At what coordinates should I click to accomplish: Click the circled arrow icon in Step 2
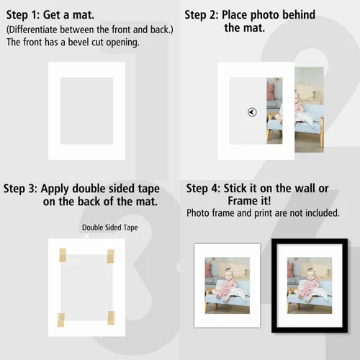(x=252, y=112)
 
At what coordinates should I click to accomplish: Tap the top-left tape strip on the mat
(x=63, y=255)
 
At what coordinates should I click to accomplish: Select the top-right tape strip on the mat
(x=111, y=256)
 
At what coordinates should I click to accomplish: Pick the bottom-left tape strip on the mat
(x=61, y=320)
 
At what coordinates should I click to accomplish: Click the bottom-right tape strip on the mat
(x=111, y=318)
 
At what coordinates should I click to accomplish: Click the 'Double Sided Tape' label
(x=110, y=228)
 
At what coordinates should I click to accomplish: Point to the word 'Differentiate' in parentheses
(x=33, y=30)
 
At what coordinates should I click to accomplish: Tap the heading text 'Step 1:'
(x=23, y=15)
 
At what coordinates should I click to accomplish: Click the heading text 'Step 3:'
(x=20, y=189)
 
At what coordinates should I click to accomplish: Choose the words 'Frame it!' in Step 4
(x=249, y=201)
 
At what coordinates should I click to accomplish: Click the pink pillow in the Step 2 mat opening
(x=271, y=92)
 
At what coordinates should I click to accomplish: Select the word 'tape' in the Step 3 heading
(x=148, y=189)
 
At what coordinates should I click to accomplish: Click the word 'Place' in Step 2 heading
(x=234, y=15)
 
